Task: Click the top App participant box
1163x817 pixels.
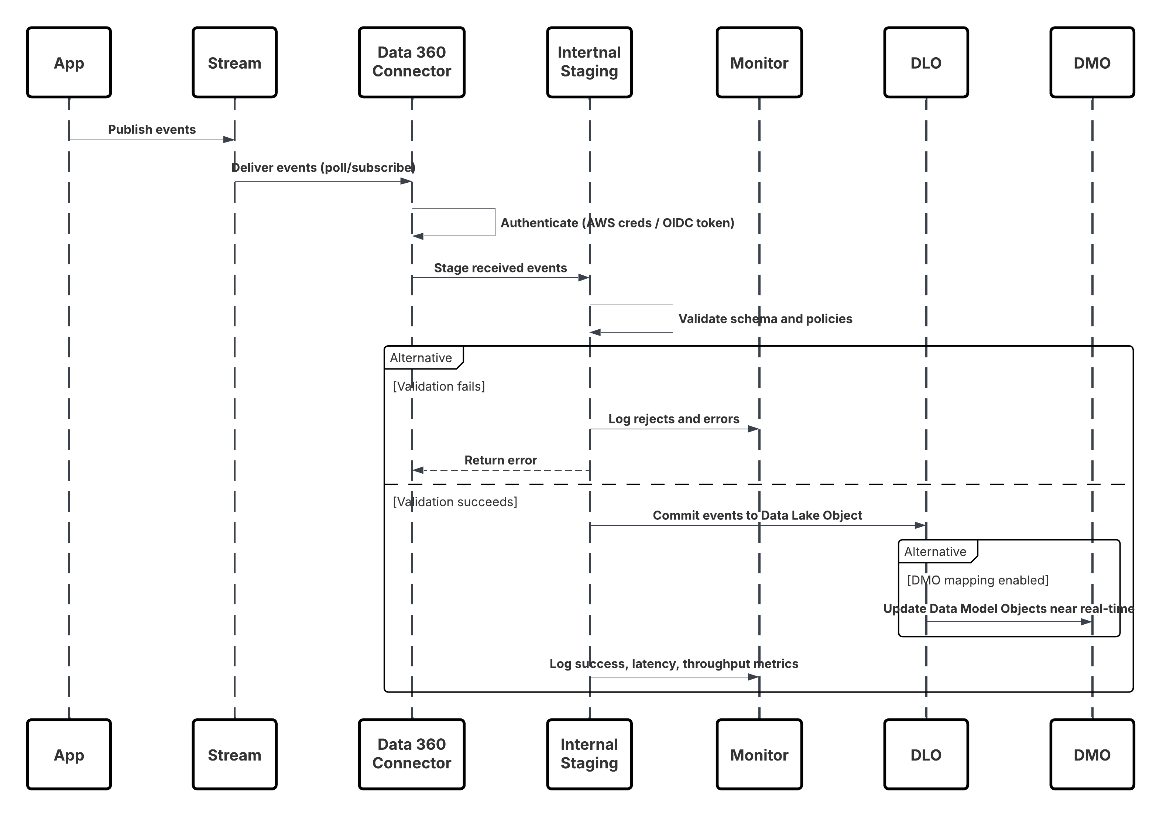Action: pos(69,62)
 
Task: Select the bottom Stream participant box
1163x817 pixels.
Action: pos(234,754)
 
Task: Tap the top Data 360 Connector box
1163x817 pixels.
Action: pos(411,62)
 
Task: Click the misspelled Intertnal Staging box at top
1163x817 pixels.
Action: pos(589,62)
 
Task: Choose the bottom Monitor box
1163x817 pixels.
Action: pos(759,754)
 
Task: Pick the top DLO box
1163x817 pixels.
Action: pos(926,62)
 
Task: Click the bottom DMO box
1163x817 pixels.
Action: pos(1092,754)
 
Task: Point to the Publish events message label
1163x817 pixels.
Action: pos(151,130)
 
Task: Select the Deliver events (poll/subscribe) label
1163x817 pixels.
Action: pos(323,168)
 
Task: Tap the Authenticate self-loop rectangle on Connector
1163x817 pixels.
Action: pos(454,222)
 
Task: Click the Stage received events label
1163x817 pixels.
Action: pos(500,268)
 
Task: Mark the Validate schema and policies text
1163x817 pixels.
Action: pos(765,319)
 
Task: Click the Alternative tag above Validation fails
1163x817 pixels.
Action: pos(421,358)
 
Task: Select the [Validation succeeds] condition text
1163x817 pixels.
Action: pos(455,501)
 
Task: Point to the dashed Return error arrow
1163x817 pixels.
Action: pos(500,470)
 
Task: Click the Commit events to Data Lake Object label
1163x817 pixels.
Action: pos(757,515)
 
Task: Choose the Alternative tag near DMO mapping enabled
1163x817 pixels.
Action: pos(936,551)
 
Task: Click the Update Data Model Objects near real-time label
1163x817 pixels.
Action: pos(1008,608)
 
